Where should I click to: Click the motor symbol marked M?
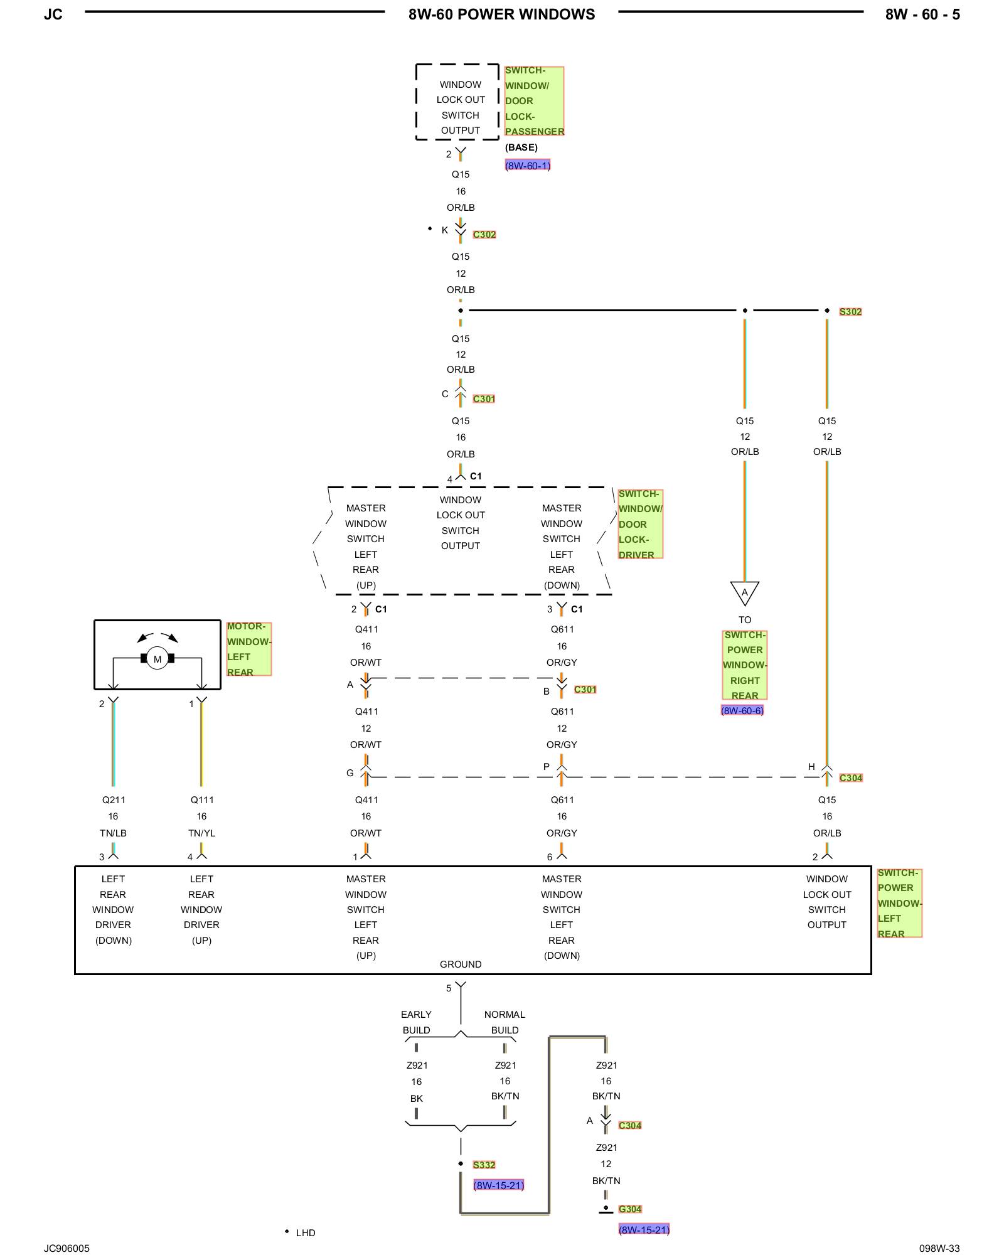click(x=158, y=658)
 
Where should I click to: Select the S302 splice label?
click(x=850, y=311)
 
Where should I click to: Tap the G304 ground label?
click(x=630, y=1209)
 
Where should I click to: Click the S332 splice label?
click(x=484, y=1165)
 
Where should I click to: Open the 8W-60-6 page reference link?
click(x=742, y=710)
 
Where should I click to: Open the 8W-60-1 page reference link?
click(x=528, y=165)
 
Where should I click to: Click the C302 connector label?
click(x=484, y=234)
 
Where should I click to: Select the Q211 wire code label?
click(x=114, y=799)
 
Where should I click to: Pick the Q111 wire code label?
click(x=202, y=799)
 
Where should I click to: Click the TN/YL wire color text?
click(x=201, y=833)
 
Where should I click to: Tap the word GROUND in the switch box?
click(x=461, y=964)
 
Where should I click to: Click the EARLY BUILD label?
click(x=416, y=1022)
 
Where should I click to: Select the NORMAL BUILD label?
click(x=505, y=1022)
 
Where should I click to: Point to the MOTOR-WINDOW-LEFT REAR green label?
click(x=249, y=649)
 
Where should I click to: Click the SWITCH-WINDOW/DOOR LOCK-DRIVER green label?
click(x=641, y=524)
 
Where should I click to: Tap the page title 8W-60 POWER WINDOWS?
click(x=501, y=14)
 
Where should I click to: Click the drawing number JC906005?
click(x=67, y=1248)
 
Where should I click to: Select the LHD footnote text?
click(x=306, y=1232)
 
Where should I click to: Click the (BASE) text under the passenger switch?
click(x=521, y=147)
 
